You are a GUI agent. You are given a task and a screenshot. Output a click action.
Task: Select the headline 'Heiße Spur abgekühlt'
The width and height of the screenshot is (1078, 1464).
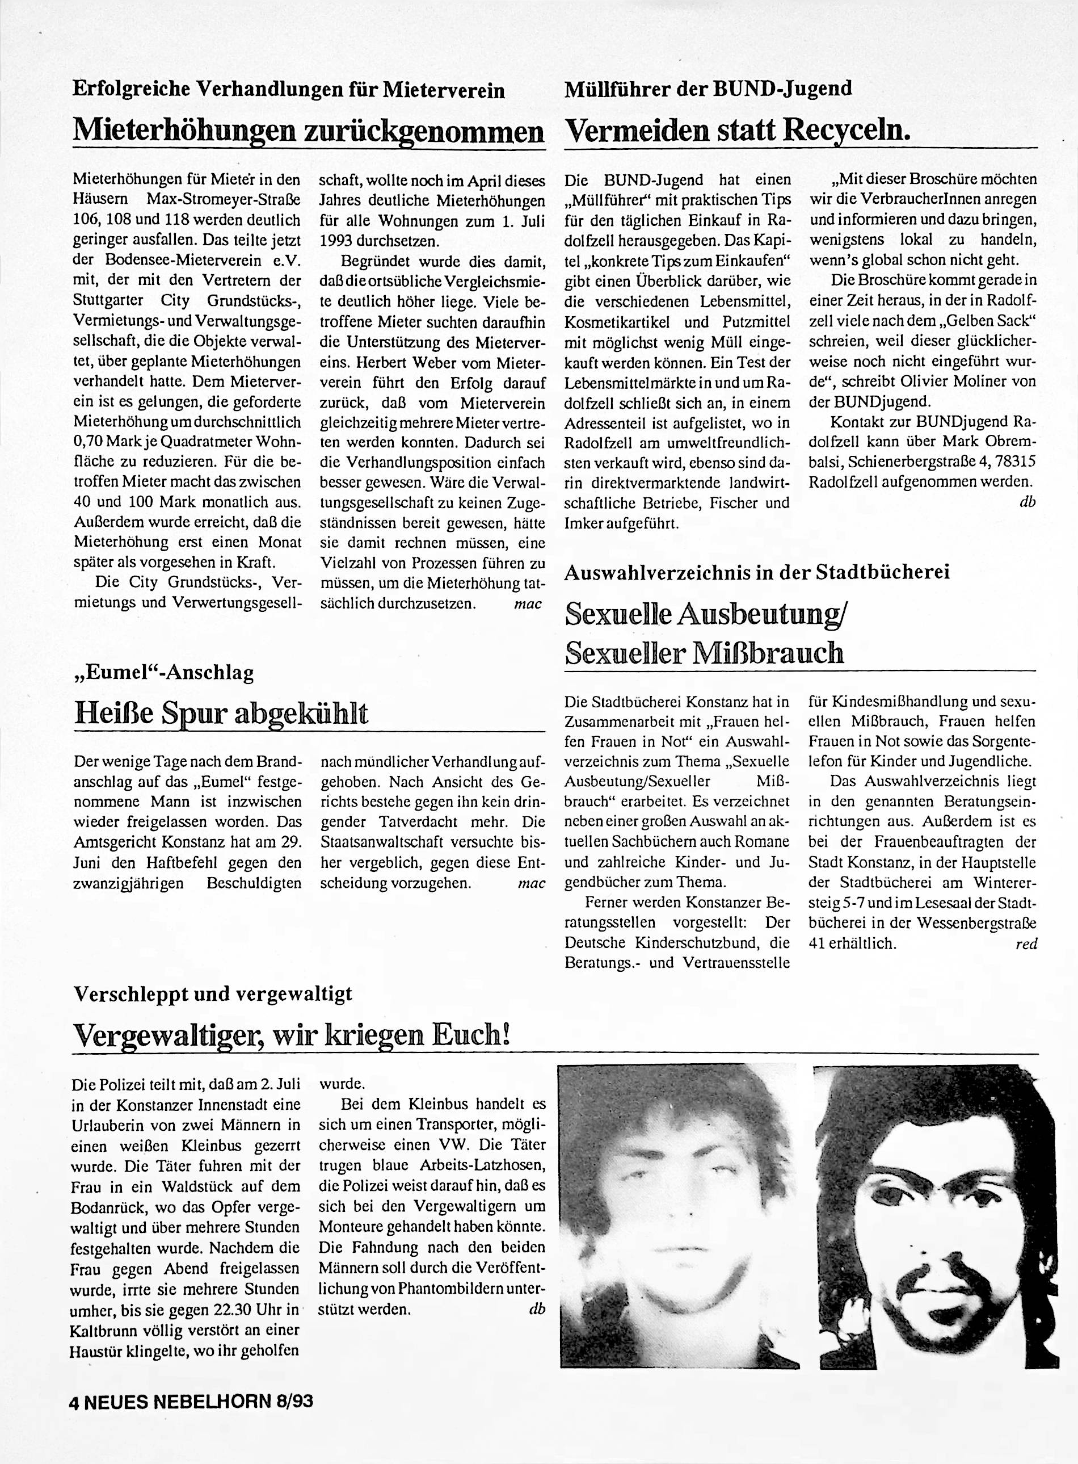point(222,713)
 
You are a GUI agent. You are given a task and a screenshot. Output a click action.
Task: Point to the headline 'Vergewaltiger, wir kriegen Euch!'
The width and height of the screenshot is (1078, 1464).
point(291,1034)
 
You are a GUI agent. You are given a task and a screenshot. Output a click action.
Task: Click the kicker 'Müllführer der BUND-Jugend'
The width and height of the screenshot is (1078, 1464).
point(708,87)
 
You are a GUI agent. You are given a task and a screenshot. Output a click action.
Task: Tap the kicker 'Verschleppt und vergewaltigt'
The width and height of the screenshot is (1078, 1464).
point(212,994)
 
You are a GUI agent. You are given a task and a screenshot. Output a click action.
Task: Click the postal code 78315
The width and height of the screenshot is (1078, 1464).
point(1012,462)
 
